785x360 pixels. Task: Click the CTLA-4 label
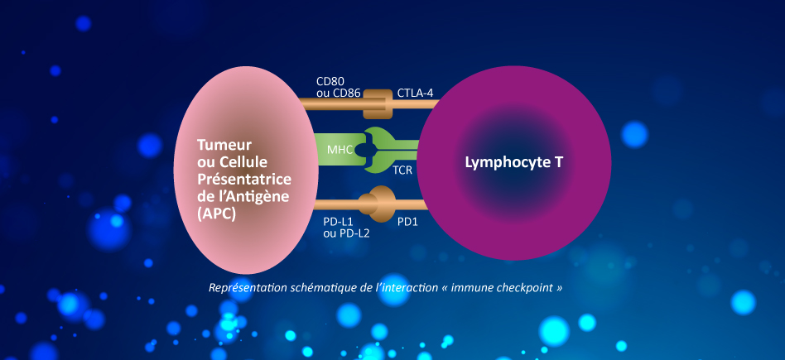tap(415, 93)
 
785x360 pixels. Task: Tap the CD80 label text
tap(332, 82)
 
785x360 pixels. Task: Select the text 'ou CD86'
tap(338, 94)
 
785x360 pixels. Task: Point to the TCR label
tap(403, 170)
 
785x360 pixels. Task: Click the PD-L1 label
tap(339, 222)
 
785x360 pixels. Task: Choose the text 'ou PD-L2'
tap(346, 234)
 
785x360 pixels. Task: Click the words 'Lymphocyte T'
tap(513, 161)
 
